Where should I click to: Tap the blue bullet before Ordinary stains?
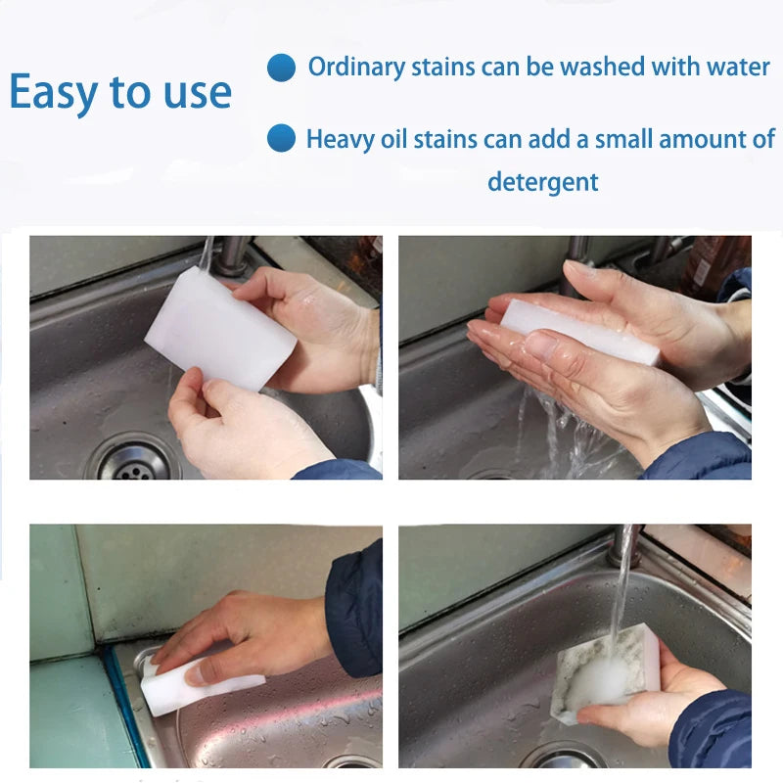click(x=282, y=68)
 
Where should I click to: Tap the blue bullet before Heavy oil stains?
click(x=282, y=138)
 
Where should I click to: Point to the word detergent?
click(x=542, y=181)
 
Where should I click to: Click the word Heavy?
click(x=338, y=139)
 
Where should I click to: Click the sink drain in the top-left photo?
click(x=132, y=460)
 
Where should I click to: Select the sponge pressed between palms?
click(x=577, y=331)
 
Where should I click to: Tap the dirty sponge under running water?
click(x=602, y=675)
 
